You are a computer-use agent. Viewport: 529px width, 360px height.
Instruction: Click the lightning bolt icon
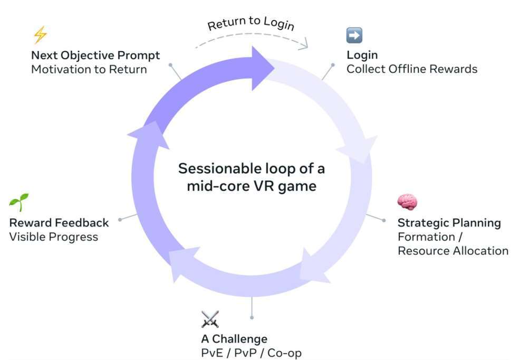(40, 35)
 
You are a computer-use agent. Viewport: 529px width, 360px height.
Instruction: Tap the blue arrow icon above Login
(354, 35)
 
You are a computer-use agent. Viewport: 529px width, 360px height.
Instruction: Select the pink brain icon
(407, 202)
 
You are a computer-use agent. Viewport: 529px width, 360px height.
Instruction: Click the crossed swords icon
(210, 319)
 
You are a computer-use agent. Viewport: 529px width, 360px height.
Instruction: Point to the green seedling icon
(18, 202)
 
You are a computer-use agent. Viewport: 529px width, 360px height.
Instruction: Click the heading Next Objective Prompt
(95, 55)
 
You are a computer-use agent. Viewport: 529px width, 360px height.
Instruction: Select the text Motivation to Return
(89, 69)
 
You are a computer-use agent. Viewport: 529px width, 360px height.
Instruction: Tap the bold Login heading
(362, 55)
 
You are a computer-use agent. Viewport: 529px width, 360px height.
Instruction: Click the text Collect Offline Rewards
(411, 69)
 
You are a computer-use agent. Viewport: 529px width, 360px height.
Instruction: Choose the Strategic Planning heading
(449, 222)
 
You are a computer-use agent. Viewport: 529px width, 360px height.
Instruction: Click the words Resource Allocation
(453, 251)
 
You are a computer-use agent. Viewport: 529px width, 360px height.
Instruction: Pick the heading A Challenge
(234, 338)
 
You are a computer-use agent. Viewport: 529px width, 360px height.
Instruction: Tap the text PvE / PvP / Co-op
(251, 353)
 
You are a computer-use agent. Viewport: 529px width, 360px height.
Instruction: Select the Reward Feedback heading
(59, 222)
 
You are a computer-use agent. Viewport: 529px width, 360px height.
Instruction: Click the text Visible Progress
(54, 236)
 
